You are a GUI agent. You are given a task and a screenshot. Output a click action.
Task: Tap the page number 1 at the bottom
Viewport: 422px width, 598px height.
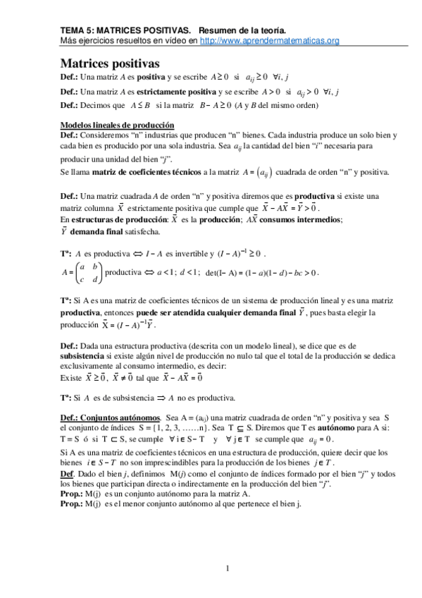(x=228, y=568)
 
